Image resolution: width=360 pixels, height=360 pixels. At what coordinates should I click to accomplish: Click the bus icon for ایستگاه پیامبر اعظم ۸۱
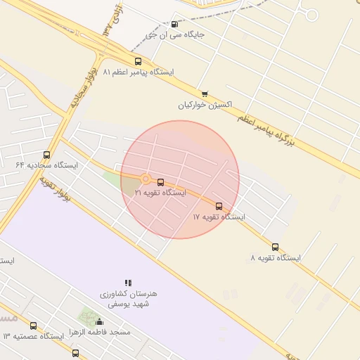pyautogui.click(x=138, y=62)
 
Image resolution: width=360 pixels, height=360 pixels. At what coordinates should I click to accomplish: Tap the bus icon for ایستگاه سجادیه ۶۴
pyautogui.click(x=47, y=155)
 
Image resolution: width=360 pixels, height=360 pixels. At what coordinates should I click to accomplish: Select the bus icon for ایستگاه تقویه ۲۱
pyautogui.click(x=161, y=182)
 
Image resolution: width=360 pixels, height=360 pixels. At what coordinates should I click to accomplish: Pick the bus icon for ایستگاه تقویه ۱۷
pyautogui.click(x=219, y=207)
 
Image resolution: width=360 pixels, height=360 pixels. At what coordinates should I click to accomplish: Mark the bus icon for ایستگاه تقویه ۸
pyautogui.click(x=275, y=247)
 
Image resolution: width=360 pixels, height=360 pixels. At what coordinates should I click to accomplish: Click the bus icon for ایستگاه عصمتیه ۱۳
pyautogui.click(x=33, y=326)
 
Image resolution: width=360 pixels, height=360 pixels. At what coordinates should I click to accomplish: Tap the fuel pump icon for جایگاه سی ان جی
pyautogui.click(x=174, y=24)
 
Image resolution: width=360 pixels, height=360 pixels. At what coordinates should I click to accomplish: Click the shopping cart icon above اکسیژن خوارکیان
pyautogui.click(x=205, y=94)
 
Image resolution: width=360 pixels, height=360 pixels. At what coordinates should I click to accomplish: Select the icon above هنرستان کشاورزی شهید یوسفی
pyautogui.click(x=128, y=283)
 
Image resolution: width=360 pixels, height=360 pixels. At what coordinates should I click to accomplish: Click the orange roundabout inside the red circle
pyautogui.click(x=146, y=179)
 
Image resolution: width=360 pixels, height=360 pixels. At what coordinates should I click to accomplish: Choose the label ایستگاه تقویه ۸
pyautogui.click(x=275, y=258)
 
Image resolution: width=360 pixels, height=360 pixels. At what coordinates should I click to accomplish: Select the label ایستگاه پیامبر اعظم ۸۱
pyautogui.click(x=139, y=72)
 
